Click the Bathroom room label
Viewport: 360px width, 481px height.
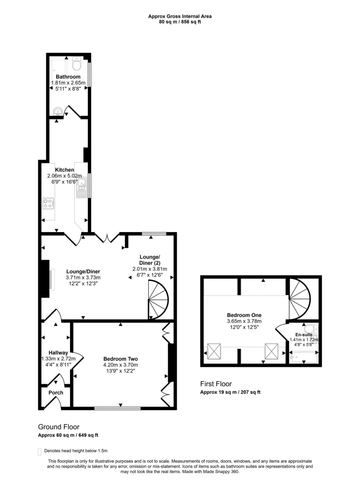68,77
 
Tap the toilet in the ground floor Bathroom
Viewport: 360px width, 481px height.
78,63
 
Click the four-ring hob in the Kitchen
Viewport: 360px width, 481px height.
48,203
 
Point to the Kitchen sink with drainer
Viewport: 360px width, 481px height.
82,187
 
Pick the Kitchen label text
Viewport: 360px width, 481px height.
64,170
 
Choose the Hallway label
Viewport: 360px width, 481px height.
58,353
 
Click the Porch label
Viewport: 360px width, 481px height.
56,393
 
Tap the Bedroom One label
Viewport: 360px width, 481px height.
244,315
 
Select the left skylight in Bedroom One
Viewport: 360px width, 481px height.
214,350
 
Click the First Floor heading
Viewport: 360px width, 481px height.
216,384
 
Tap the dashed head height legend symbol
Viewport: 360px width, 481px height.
39,451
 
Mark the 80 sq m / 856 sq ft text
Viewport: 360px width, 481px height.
180,22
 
